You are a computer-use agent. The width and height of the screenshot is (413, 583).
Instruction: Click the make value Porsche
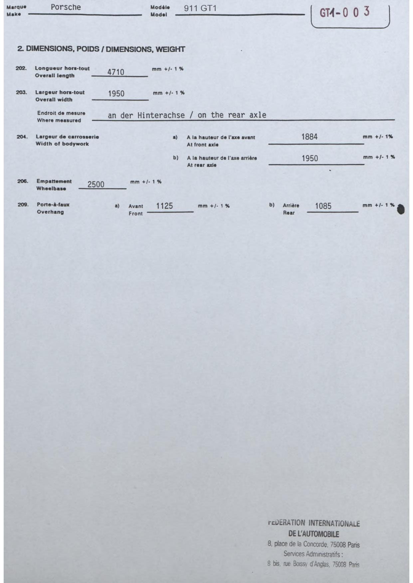[x=66, y=7]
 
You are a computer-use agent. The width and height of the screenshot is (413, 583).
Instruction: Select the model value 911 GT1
[x=200, y=8]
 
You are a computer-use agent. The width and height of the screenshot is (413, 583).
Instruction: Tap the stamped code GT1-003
[x=344, y=13]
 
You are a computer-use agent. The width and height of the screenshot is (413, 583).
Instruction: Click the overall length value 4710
[x=115, y=72]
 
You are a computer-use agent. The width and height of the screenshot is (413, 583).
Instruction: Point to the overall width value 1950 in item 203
[x=116, y=94]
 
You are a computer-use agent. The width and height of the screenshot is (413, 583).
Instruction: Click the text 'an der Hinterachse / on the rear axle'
[x=187, y=115]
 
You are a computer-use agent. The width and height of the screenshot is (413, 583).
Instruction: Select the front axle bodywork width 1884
[x=309, y=137]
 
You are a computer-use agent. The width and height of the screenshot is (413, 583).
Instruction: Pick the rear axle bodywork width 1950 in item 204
[x=310, y=159]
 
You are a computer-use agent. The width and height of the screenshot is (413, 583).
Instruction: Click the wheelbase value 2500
[x=96, y=184]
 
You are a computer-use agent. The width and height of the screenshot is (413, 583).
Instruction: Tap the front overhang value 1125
[x=164, y=206]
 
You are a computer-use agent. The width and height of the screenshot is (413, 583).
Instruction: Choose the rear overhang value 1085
[x=323, y=206]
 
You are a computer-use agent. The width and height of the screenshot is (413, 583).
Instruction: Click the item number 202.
[x=21, y=68]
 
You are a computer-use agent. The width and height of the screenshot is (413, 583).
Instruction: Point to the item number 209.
[x=23, y=205]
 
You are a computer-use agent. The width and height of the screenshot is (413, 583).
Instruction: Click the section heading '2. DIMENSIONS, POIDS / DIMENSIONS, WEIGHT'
[x=101, y=49]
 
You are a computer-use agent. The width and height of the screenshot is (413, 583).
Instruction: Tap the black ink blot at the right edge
[x=401, y=209]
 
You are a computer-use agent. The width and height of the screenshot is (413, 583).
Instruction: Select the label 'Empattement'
[x=54, y=181]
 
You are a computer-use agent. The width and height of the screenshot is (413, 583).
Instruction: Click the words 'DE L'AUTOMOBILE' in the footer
[x=313, y=534]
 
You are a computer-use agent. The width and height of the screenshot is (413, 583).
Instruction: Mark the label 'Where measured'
[x=59, y=120]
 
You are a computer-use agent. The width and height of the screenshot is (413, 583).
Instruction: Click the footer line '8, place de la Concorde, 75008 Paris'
[x=313, y=544]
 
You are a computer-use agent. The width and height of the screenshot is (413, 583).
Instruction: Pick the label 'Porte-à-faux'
[x=53, y=205]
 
